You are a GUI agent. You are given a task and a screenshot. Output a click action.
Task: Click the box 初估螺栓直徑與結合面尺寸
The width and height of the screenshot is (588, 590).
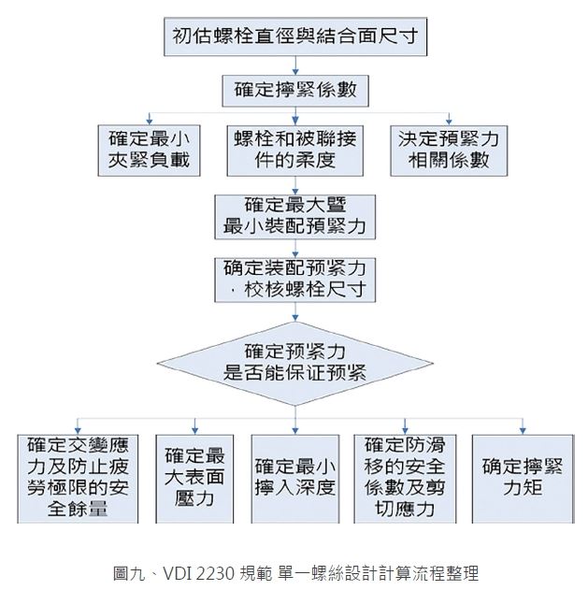[x=295, y=36]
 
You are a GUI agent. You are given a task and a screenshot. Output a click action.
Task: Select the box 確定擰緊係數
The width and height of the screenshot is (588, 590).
[x=295, y=91]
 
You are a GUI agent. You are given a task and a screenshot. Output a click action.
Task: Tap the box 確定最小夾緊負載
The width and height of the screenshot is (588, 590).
[x=149, y=151]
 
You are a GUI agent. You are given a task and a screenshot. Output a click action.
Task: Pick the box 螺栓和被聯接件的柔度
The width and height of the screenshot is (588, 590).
[x=295, y=151]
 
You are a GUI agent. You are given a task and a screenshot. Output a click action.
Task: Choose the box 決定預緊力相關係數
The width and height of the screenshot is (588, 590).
[x=449, y=151]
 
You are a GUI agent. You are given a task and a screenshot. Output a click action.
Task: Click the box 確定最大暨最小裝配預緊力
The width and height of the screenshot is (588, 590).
[x=295, y=217]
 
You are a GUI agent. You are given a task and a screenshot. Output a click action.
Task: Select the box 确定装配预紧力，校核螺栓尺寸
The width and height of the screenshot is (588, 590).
[x=295, y=280]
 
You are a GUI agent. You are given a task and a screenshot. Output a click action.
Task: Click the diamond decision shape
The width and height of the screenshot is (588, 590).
[x=295, y=364]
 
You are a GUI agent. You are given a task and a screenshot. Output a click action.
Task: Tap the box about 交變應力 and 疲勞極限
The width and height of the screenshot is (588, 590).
[x=78, y=479]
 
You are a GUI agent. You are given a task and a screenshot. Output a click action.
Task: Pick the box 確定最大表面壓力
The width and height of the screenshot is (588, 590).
[x=194, y=479]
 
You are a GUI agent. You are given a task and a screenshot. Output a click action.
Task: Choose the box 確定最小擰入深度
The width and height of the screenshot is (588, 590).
[x=295, y=479]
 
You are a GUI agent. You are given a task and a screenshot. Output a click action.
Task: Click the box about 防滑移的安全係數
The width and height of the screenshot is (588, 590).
[x=405, y=479]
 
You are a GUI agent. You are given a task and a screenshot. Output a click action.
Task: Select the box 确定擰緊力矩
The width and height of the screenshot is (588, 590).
[x=523, y=479]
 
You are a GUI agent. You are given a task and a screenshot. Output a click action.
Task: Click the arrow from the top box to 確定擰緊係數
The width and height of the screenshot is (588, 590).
[x=295, y=65]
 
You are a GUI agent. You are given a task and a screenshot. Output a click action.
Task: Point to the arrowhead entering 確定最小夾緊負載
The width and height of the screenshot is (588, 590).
[x=150, y=122]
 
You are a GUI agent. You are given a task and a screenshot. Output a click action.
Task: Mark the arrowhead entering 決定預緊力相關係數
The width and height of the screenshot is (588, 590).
[x=449, y=122]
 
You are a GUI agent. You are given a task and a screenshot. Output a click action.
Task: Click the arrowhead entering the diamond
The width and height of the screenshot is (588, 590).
[x=295, y=318]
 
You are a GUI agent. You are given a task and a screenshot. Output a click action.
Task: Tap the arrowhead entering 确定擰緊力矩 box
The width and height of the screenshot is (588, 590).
[x=523, y=431]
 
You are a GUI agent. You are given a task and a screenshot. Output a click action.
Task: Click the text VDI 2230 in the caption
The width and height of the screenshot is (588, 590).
[x=199, y=574]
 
